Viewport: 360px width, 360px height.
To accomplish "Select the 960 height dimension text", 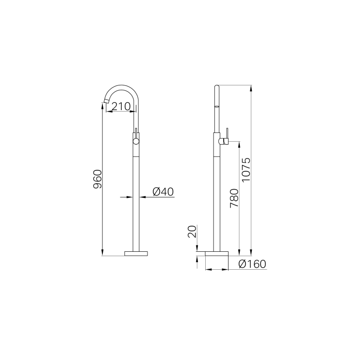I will point(98,179).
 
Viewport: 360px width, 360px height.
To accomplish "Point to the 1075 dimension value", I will point(246,170).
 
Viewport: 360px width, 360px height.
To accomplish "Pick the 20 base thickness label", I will point(192,232).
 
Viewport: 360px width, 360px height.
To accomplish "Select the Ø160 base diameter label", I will point(253,264).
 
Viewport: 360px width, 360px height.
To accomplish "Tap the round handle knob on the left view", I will point(136,141).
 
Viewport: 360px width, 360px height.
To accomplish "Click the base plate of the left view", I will point(136,253).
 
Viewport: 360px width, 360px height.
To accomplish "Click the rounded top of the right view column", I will point(217,87).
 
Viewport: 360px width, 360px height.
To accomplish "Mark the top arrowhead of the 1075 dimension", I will point(251,89).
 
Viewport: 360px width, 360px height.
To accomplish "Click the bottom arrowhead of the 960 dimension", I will point(102,252).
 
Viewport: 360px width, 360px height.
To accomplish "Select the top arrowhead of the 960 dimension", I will point(102,106).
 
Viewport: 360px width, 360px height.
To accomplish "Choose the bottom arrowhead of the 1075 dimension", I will point(251,252).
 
